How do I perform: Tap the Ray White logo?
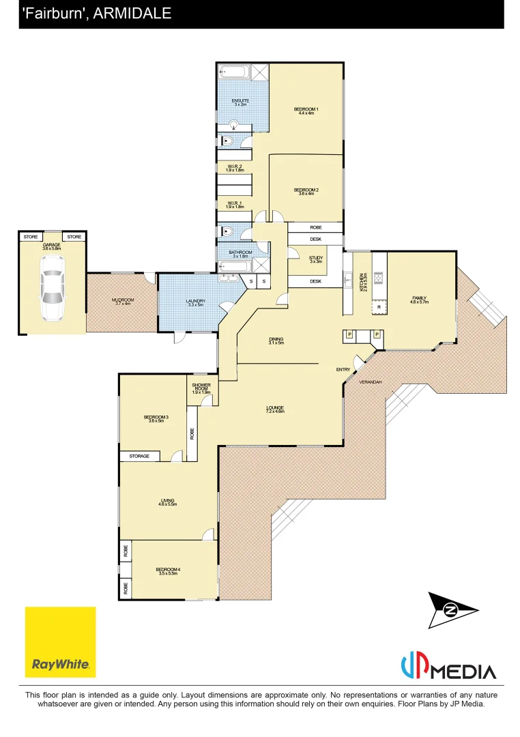coord(60,641)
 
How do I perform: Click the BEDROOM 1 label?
coord(306,109)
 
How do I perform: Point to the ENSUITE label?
coord(240,101)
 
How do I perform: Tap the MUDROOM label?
coord(123,300)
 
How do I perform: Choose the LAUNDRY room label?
coord(195,301)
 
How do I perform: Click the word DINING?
coord(276,339)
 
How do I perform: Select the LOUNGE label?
coord(275,408)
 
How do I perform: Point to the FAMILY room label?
coord(419,298)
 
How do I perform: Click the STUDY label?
coord(316,257)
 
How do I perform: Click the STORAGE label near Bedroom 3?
coord(139,456)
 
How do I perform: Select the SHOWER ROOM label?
coord(201,387)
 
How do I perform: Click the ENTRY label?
coord(343,369)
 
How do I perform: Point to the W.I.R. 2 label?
coord(235,166)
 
